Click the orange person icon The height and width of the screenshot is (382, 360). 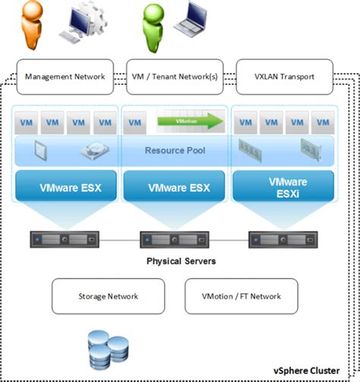click(x=29, y=23)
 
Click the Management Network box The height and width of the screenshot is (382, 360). click(x=65, y=77)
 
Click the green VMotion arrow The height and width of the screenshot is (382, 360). click(x=189, y=121)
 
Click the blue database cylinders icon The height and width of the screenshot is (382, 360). click(x=106, y=349)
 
